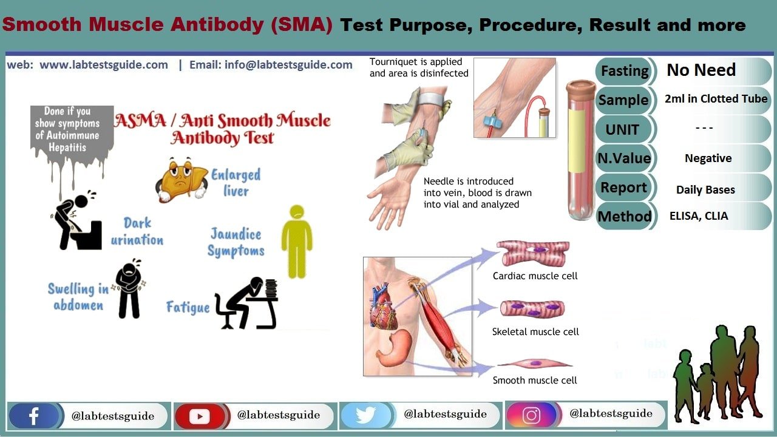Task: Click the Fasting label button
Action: coord(624,71)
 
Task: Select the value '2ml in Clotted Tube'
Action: coord(716,99)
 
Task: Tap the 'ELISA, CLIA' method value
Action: coord(699,215)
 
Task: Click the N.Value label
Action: coord(624,158)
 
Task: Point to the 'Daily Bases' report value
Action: coord(705,190)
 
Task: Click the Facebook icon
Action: coord(33,416)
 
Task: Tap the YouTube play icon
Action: coord(199,416)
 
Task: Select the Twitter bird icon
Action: coord(365,416)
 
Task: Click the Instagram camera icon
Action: coord(531,416)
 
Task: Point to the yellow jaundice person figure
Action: coord(296,241)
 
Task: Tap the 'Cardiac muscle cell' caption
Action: coord(535,276)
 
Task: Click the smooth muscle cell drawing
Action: coord(535,364)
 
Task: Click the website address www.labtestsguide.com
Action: coord(104,65)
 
